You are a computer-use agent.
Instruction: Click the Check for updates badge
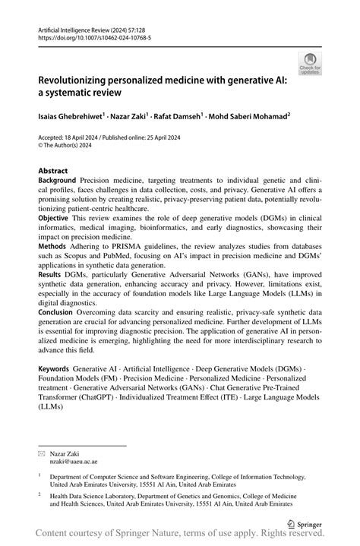(311, 64)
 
